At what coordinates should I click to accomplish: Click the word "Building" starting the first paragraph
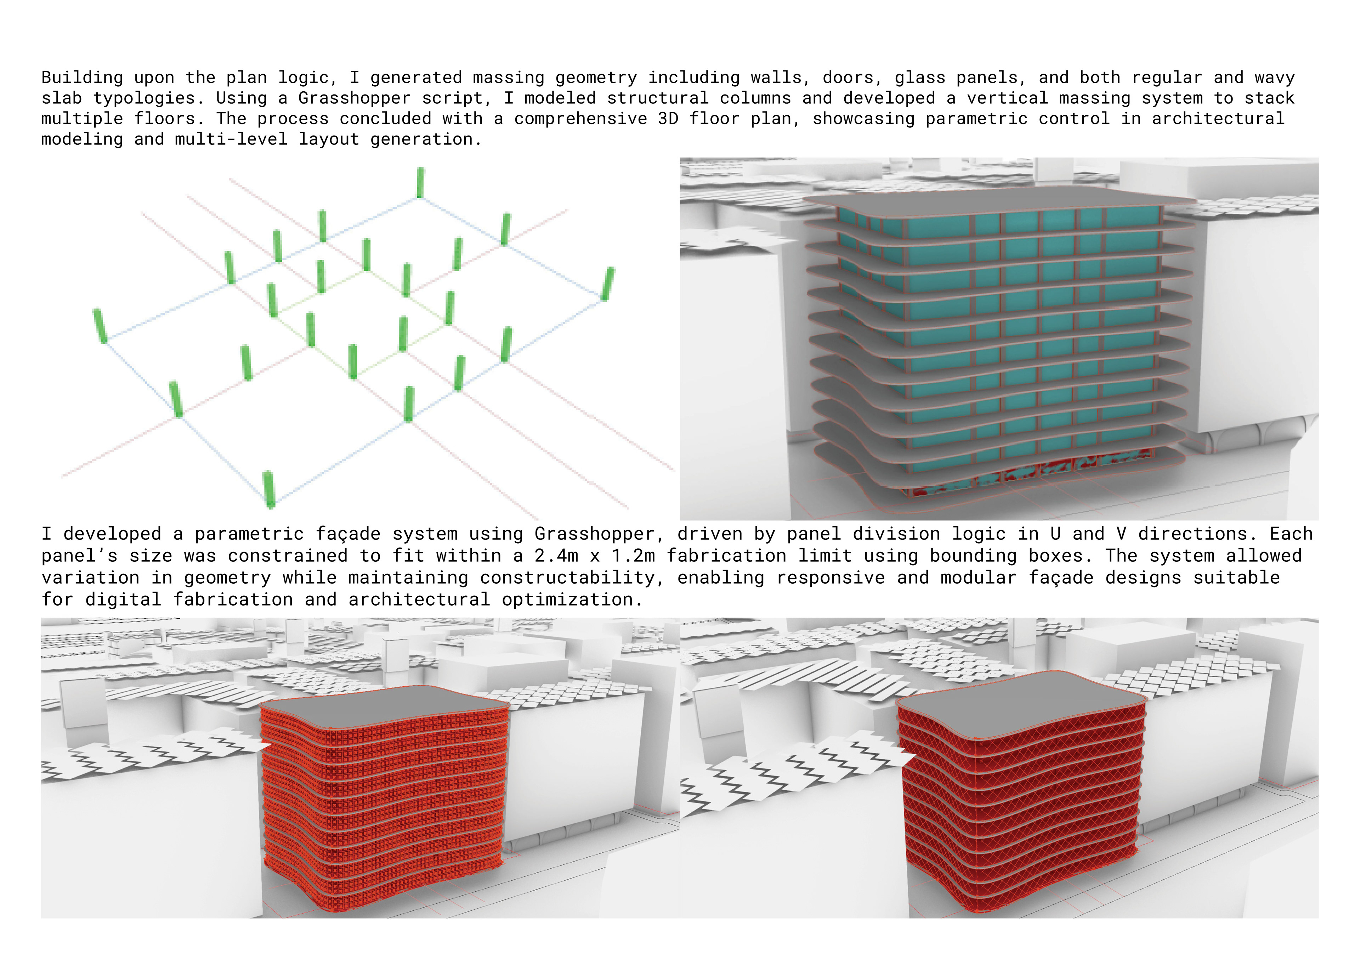(82, 78)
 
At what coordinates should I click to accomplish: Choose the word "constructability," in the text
(567, 578)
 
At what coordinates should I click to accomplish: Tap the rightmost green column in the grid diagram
(608, 284)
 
